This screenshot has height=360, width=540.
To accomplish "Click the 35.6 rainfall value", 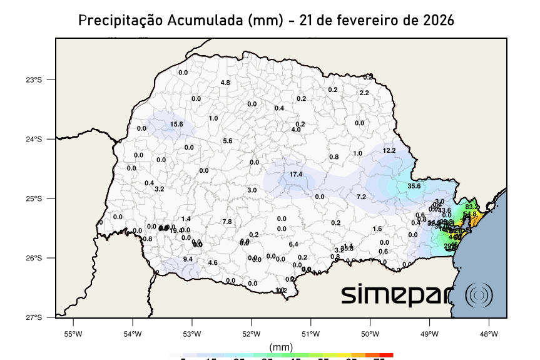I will [414, 186].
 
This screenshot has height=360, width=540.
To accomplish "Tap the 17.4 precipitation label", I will [296, 174].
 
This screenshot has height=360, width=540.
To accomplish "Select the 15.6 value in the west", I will [176, 125].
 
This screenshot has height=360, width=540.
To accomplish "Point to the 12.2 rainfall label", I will [389, 150].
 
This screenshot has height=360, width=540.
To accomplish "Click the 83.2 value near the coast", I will [472, 207].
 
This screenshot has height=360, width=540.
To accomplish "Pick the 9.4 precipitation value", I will [188, 259].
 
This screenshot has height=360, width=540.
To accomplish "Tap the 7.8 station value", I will [227, 222].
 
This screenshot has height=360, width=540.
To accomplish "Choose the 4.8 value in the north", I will [225, 83].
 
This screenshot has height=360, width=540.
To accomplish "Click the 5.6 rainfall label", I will [227, 141].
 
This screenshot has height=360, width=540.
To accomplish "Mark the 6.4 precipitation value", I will [293, 244].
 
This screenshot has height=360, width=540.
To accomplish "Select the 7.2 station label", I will [361, 197].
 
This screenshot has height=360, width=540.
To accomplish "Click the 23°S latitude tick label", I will [34, 80].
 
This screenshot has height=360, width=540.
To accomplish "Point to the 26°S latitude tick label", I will [34, 258].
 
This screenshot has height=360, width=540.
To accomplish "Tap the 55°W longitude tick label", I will [73, 334].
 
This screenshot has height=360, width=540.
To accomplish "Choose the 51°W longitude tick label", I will [310, 334].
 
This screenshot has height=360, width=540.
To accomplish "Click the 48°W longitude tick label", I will [489, 334].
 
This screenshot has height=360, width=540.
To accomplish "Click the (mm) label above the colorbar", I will [281, 347].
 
